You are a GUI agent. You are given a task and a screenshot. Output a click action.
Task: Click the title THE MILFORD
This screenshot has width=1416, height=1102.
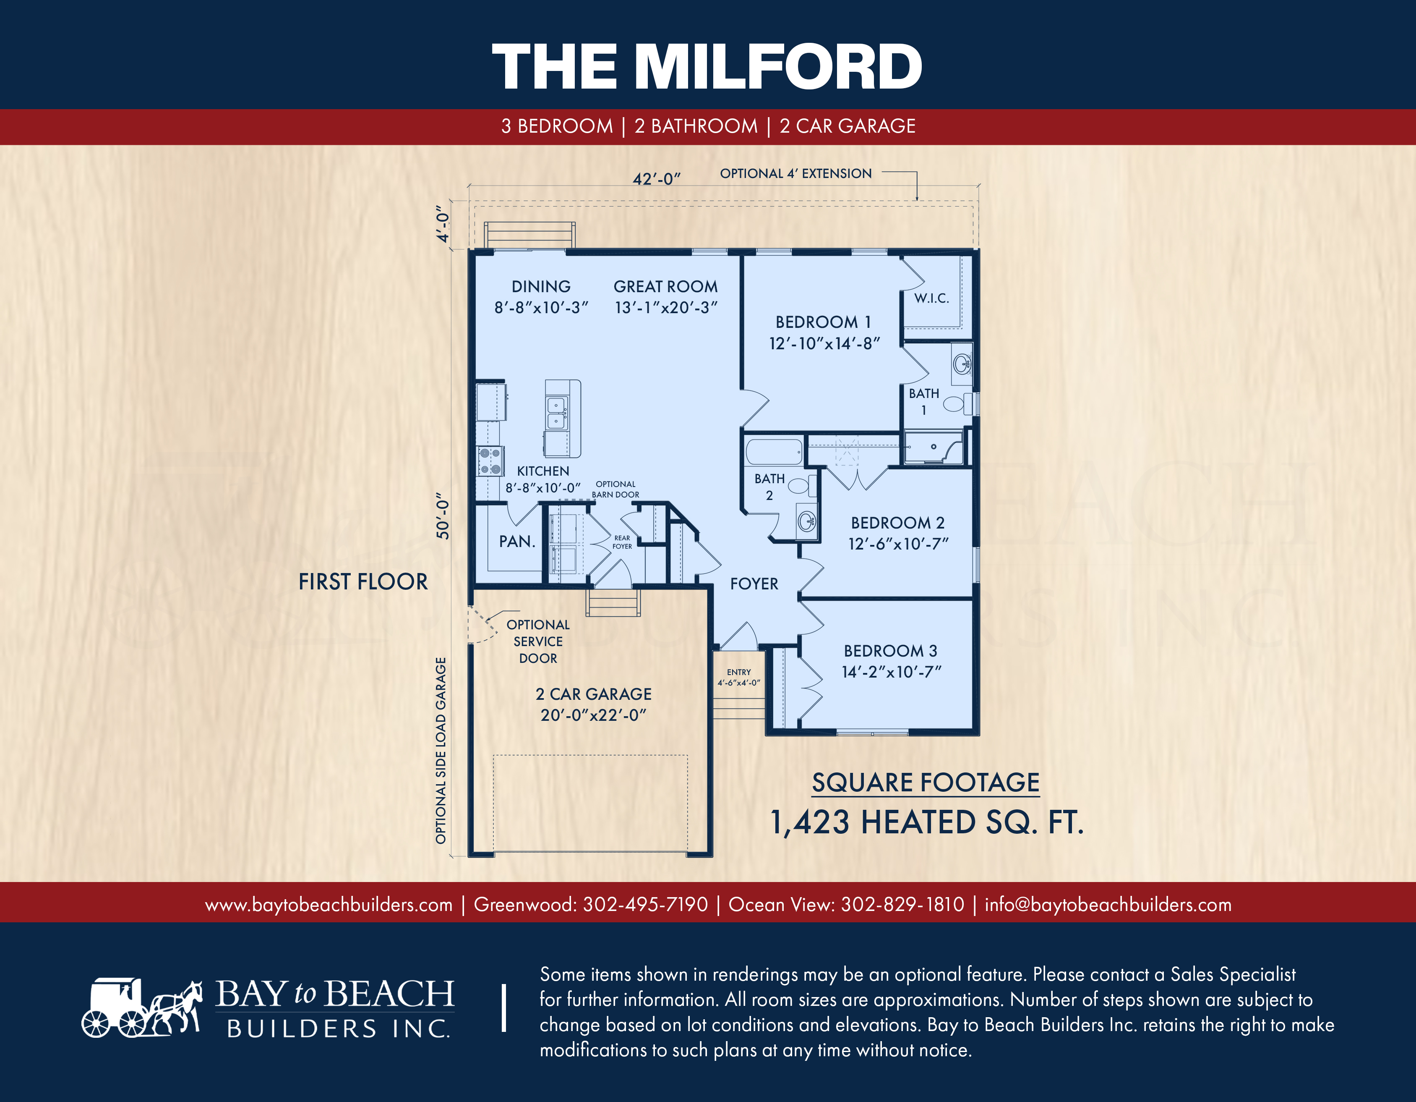point(707,66)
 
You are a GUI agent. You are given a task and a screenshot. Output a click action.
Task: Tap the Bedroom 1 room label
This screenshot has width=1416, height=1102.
point(824,322)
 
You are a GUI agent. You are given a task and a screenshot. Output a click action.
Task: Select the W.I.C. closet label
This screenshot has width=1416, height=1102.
point(932,298)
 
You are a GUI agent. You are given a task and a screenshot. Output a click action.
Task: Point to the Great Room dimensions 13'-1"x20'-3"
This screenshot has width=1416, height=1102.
point(666,307)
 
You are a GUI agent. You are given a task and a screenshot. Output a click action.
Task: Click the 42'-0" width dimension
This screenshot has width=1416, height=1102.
point(656,178)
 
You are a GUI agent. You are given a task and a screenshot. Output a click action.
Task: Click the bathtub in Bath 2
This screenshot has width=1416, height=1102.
point(775,452)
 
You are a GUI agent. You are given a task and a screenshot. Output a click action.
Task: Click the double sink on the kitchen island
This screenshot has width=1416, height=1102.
point(556,413)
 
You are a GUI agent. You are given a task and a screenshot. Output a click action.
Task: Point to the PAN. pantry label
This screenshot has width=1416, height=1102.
point(517,542)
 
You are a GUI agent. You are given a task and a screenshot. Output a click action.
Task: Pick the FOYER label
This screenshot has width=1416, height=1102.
point(754,584)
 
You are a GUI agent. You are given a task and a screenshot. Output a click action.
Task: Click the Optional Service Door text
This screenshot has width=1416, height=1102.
point(538,641)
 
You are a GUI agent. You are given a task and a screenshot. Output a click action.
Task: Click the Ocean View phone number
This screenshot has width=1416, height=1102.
point(902,904)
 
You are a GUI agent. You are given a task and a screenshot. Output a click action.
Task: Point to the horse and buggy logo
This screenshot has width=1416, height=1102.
point(142,1007)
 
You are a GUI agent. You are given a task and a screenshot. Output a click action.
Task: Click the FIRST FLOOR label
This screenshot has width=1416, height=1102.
point(363,582)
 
